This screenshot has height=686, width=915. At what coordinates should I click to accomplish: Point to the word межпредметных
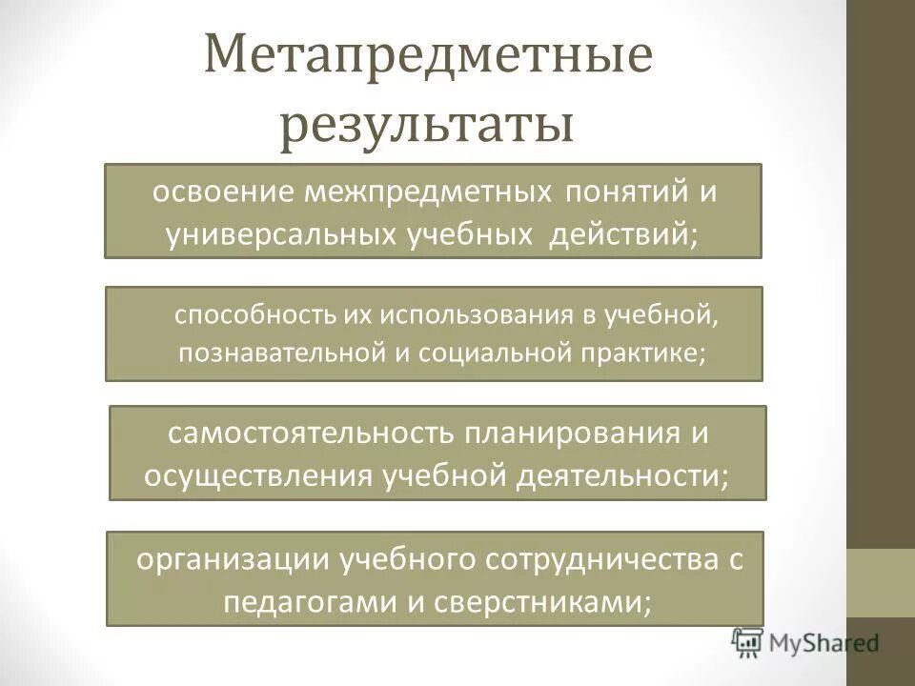[x=428, y=192]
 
